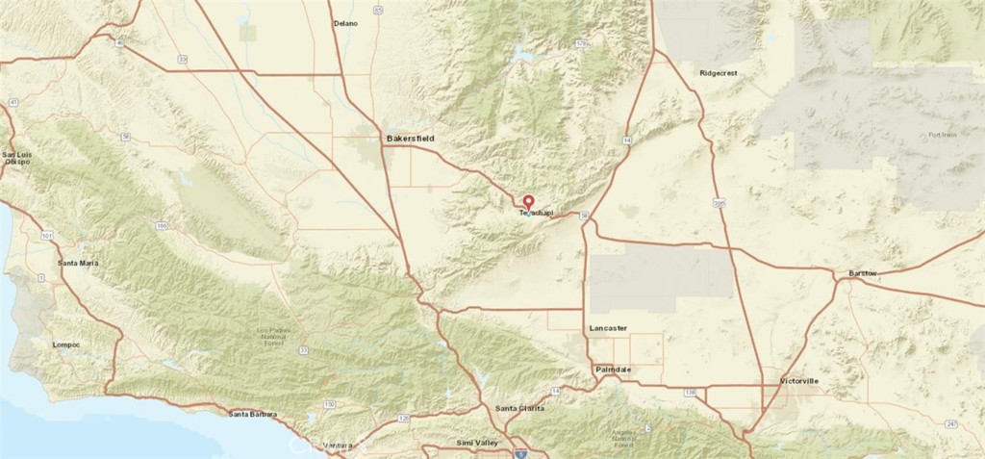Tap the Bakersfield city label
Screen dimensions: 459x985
pyautogui.click(x=411, y=140)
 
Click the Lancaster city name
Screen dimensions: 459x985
pyautogui.click(x=608, y=329)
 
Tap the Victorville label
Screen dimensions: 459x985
pyautogui.click(x=798, y=381)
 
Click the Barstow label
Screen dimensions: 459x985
pyautogui.click(x=863, y=274)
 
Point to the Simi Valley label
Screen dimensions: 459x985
pyautogui.click(x=477, y=442)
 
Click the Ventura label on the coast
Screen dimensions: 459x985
pyautogui.click(x=339, y=446)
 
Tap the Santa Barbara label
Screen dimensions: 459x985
pyautogui.click(x=253, y=415)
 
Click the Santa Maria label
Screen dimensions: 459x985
pyautogui.click(x=78, y=263)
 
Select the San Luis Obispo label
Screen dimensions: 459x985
pyautogui.click(x=16, y=158)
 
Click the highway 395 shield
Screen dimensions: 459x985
pyautogui.click(x=720, y=203)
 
